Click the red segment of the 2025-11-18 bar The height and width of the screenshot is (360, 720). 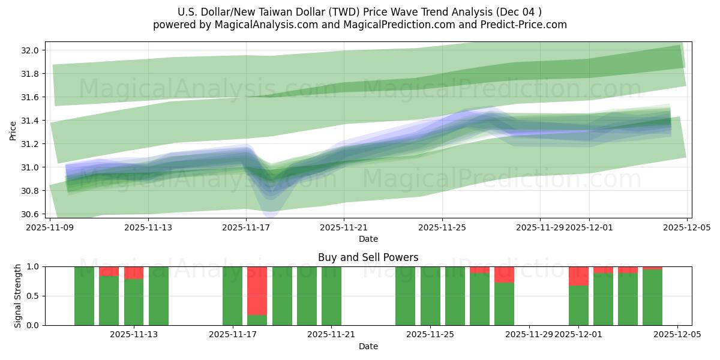(x=257, y=290)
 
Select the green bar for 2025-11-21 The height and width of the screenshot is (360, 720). (x=331, y=296)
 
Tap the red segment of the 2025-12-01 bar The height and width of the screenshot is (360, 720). (x=578, y=276)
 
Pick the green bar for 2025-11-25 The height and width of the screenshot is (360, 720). (x=430, y=296)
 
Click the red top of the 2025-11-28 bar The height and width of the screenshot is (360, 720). (x=504, y=274)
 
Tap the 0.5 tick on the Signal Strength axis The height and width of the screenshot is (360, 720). (x=34, y=296)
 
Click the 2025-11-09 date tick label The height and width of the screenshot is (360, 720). (x=50, y=227)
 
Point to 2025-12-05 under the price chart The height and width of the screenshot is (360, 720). (x=687, y=227)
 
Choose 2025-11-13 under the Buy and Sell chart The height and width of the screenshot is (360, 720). (x=134, y=335)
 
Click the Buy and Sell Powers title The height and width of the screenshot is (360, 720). (x=368, y=257)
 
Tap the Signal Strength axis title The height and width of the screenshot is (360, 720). (x=19, y=296)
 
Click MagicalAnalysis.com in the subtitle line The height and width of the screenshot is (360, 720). (x=259, y=25)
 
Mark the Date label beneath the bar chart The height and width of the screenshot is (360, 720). (x=368, y=346)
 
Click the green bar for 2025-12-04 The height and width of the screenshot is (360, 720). (x=652, y=298)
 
